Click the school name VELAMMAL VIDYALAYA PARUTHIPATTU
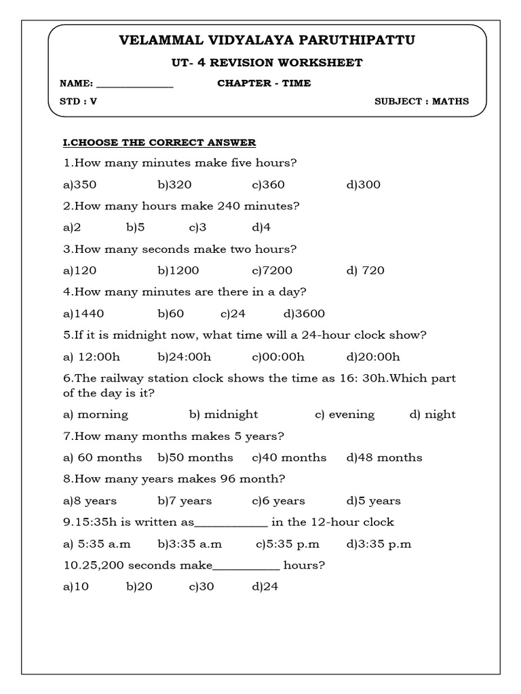267,41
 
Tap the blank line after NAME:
135,85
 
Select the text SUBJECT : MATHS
421,102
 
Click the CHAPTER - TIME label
264,83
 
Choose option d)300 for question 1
364,184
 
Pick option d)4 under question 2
261,227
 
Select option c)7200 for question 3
272,270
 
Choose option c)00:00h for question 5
278,356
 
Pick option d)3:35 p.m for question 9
379,544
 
